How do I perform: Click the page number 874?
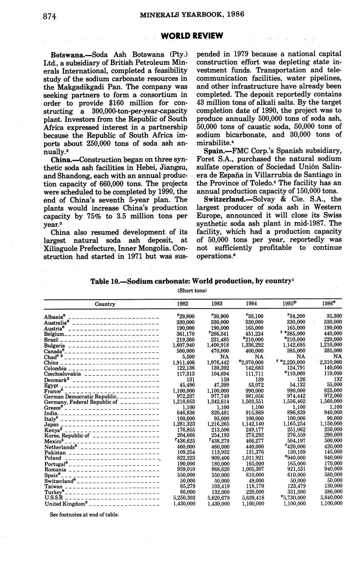(50, 16)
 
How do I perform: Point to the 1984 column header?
(251, 304)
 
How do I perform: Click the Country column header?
(105, 304)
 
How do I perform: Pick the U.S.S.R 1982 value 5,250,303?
(184, 498)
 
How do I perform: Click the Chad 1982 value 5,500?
(188, 356)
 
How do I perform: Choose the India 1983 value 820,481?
(219, 413)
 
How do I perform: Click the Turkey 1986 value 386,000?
(331, 493)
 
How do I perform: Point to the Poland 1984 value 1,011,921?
(253, 458)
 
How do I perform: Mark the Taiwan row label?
(53, 487)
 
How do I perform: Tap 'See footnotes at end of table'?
(84, 514)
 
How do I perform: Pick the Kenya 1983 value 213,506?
(219, 430)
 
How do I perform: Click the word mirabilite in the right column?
(212, 143)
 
